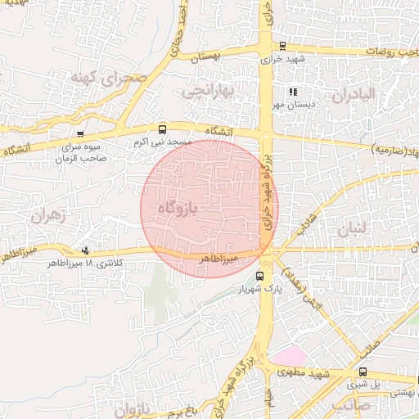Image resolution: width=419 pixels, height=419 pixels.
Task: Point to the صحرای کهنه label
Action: click(108, 79)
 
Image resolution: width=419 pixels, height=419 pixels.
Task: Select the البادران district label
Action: click(354, 94)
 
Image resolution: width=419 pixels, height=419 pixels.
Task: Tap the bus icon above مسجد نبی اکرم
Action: click(162, 129)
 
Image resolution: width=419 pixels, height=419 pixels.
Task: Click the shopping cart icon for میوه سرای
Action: click(79, 134)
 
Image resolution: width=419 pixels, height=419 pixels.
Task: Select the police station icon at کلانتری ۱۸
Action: click(86, 250)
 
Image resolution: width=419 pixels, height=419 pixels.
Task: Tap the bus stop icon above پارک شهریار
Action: click(260, 276)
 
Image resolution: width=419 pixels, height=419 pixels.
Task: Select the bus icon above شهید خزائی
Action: click(282, 47)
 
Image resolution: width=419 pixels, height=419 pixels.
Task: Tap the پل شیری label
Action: click(364, 383)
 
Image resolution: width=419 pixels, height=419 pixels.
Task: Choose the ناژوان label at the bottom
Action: click(133, 408)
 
